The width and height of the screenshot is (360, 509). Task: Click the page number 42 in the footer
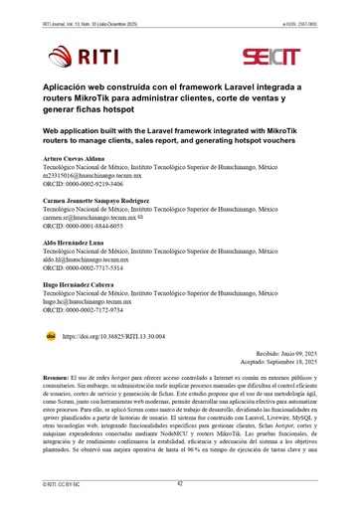[180, 483]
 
